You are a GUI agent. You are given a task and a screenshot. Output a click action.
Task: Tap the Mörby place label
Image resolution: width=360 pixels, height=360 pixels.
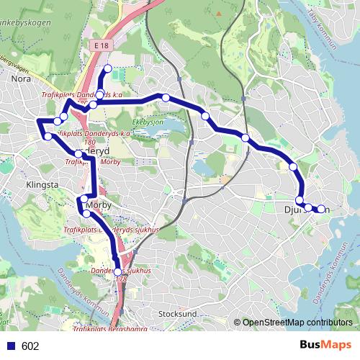(91, 205)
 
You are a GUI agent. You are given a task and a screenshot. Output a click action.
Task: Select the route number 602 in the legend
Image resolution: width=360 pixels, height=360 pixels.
(30, 346)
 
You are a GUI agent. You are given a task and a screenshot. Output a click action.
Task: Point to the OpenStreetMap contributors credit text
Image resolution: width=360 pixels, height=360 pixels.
(297, 323)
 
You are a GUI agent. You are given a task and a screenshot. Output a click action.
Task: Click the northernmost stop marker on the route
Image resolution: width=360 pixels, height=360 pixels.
(108, 69)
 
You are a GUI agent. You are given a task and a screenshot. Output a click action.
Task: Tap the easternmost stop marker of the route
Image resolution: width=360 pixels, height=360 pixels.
(320, 210)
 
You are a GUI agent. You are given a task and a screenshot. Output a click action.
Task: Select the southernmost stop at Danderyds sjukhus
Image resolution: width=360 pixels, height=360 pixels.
(118, 271)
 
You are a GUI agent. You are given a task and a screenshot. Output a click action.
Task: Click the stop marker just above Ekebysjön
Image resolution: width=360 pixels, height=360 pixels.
(165, 97)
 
